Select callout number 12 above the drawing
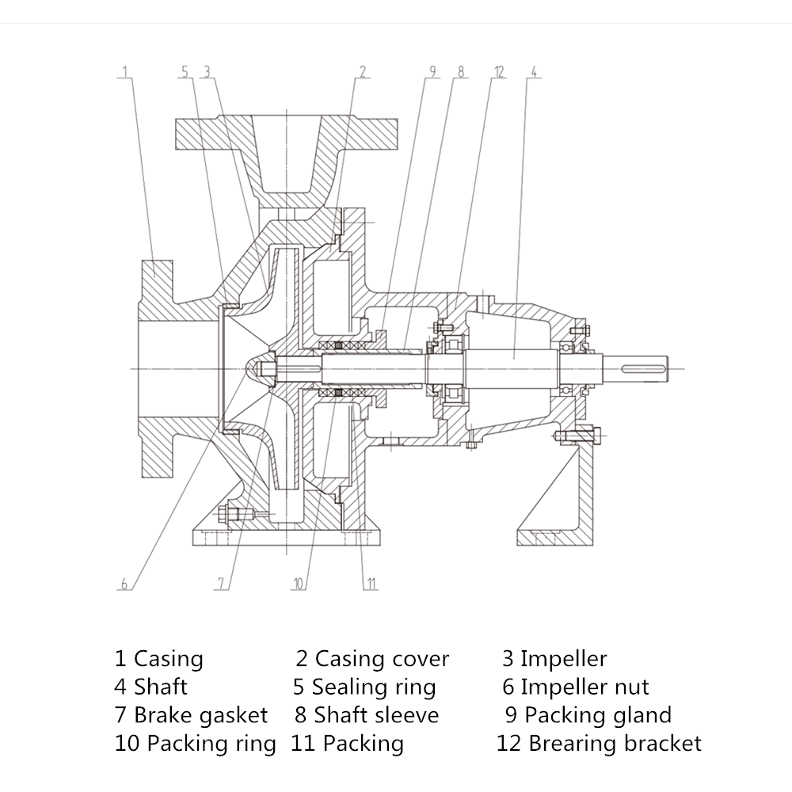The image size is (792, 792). (498, 72)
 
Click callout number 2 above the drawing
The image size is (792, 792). (363, 72)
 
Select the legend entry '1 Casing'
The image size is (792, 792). (159, 659)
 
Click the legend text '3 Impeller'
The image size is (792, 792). (554, 659)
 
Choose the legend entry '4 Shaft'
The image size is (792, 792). (151, 687)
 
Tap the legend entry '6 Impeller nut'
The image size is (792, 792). (576, 687)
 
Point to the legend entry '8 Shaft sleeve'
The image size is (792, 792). (367, 715)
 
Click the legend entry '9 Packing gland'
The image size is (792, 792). (588, 715)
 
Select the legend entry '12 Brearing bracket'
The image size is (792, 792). (599, 744)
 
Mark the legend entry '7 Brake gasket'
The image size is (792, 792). (192, 715)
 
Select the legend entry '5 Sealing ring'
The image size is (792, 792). (364, 687)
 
